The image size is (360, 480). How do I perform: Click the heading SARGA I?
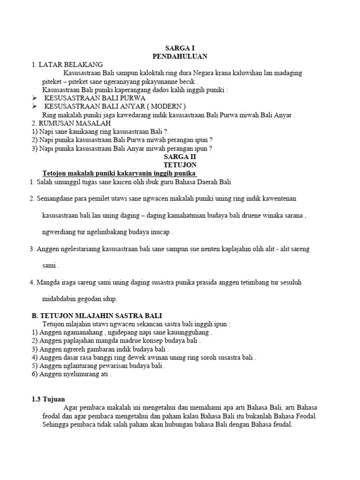180,48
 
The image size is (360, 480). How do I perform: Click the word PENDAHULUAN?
180,56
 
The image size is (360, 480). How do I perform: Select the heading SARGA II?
180,157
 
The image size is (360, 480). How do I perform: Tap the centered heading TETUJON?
180,165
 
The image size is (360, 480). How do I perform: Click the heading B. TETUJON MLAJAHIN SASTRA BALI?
97,315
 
